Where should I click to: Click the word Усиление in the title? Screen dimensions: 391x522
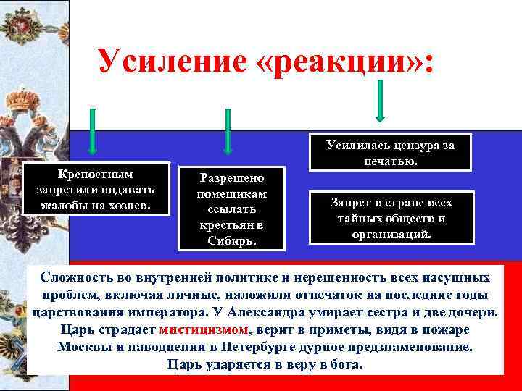(x=171, y=62)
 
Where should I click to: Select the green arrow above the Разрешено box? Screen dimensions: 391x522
(x=228, y=131)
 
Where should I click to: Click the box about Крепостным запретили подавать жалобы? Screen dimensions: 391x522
(x=96, y=189)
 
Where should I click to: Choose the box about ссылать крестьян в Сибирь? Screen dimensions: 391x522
(x=231, y=209)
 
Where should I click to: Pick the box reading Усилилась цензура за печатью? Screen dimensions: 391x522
(x=390, y=153)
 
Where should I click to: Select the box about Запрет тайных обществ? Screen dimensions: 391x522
(x=391, y=218)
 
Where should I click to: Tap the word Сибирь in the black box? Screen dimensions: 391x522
(x=231, y=240)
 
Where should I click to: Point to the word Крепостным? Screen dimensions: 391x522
(x=96, y=175)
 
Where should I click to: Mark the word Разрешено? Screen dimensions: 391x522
(x=232, y=178)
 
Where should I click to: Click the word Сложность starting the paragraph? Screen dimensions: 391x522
(x=76, y=277)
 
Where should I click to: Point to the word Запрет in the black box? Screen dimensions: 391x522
(x=353, y=203)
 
